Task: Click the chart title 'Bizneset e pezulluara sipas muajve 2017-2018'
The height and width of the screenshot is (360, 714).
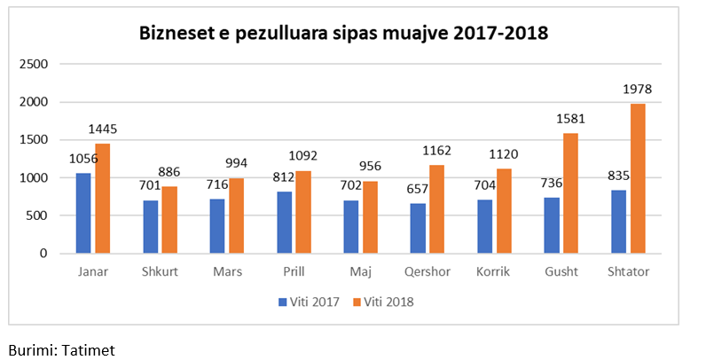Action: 343,35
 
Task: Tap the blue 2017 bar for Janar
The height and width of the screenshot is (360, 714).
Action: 82,213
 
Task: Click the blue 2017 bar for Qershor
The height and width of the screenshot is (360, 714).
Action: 418,228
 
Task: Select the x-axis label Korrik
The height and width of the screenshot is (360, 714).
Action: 493,272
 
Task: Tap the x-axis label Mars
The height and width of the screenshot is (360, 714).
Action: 227,272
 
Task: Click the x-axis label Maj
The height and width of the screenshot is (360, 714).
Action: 360,272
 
